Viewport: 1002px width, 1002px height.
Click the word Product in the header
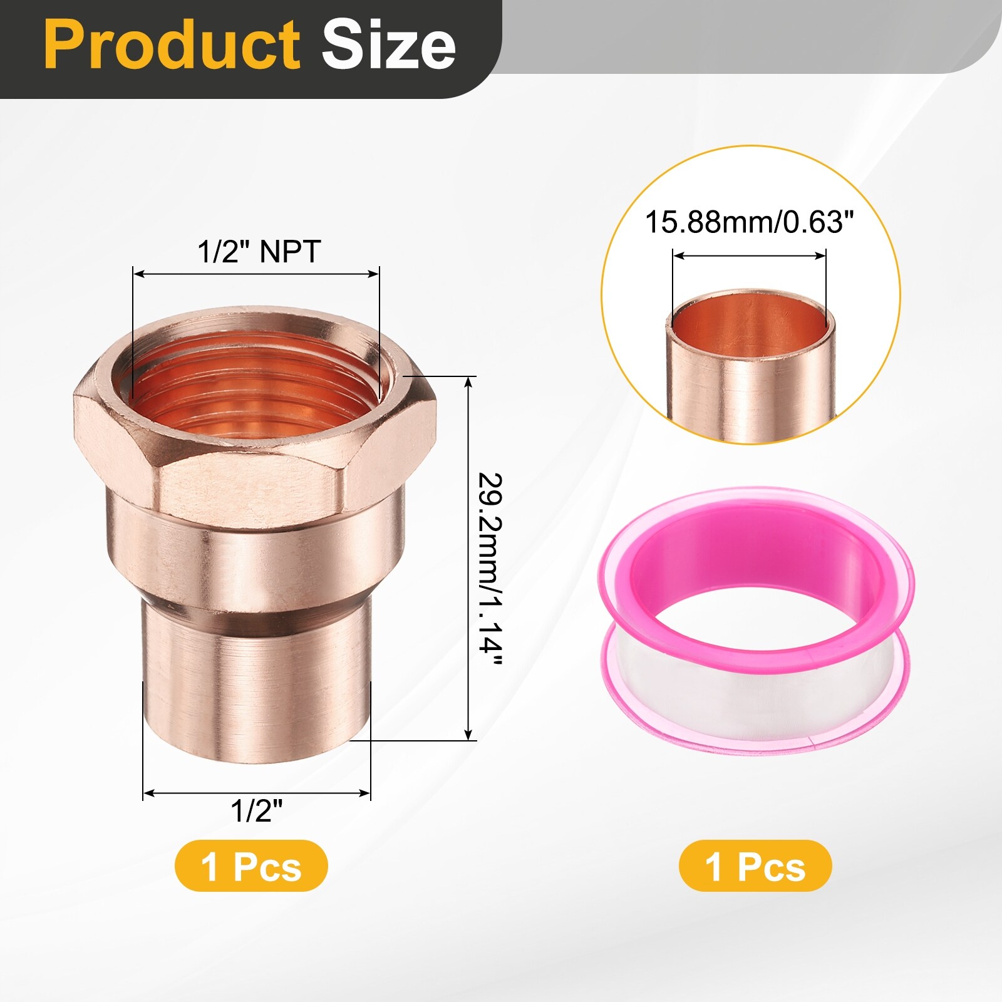[x=172, y=45]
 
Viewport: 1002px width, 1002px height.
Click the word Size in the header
[x=388, y=45]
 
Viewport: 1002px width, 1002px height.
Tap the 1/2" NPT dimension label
[x=259, y=251]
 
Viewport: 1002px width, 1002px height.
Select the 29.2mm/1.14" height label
[x=490, y=571]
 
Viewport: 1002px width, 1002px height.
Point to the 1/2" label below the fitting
[x=257, y=811]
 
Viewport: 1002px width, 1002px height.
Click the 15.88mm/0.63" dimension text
[x=750, y=222]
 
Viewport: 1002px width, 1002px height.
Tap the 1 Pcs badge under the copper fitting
[x=251, y=867]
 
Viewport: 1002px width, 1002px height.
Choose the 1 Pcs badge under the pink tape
[x=755, y=867]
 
